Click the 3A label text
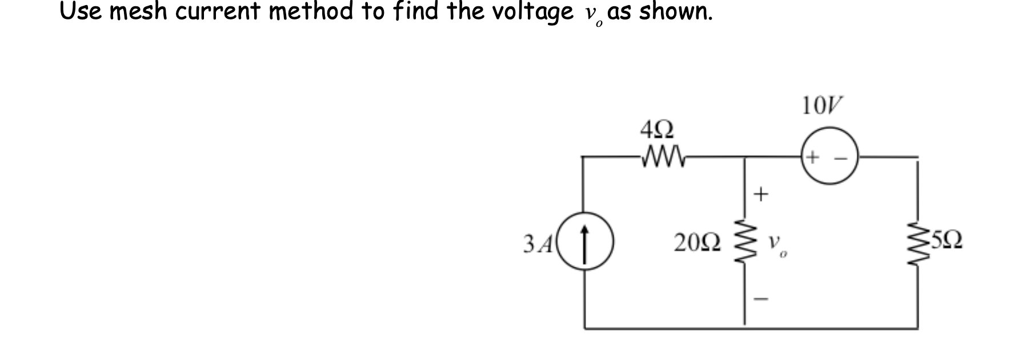(x=138, y=244)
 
